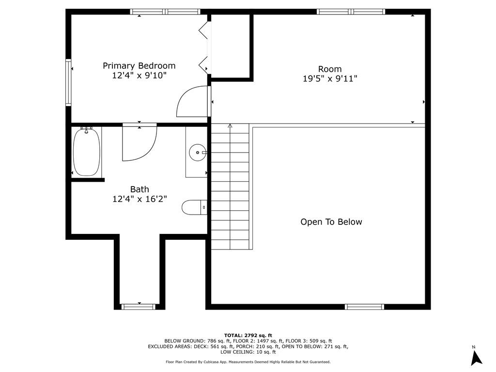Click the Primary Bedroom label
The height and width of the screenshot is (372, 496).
[x=139, y=66]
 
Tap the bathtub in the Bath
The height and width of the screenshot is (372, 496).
[x=87, y=152]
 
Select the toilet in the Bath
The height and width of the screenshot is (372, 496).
[x=194, y=207]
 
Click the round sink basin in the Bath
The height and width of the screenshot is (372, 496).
[x=198, y=152]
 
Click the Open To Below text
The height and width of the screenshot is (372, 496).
[x=331, y=222]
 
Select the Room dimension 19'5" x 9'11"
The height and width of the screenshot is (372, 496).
[x=330, y=79]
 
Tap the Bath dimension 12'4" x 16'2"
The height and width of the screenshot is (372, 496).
[x=139, y=199]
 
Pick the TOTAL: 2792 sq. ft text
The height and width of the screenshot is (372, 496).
[x=248, y=335]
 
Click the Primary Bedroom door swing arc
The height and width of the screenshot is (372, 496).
[x=191, y=101]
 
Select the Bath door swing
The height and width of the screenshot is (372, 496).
[x=139, y=143]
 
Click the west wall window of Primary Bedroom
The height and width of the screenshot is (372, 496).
[x=68, y=82]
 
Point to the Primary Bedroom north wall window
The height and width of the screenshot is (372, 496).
[x=165, y=12]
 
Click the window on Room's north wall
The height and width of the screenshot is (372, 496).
[x=351, y=12]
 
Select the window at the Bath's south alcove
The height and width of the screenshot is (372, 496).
[x=139, y=306]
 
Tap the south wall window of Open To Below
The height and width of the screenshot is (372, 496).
[x=364, y=306]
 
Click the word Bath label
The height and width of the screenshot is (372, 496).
[x=139, y=189]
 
